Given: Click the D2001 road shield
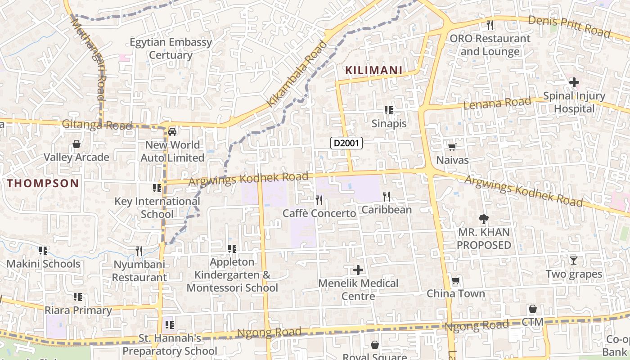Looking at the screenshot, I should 346,143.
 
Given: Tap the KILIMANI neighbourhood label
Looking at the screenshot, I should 373,70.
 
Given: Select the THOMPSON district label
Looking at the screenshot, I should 43,183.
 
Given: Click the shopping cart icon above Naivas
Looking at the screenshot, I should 452,147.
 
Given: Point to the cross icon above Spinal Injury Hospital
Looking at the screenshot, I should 574,82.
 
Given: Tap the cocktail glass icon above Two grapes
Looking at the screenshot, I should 573,260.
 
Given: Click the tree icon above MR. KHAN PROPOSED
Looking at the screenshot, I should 484,219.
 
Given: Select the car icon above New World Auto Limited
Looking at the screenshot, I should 172,131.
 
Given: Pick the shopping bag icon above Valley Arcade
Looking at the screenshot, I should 76,144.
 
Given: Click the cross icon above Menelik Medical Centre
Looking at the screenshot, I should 358,270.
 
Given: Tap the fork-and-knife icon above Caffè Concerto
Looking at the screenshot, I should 319,200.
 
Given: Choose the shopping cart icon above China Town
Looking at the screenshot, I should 456,281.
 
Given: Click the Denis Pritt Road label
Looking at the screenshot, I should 569,26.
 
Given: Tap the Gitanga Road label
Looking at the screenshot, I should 97,125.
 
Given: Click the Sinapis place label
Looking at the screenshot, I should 389,124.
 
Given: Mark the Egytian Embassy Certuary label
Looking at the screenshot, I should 171,49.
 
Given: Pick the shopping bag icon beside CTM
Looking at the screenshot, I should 532,309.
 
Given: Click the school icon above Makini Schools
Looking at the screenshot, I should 43,250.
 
